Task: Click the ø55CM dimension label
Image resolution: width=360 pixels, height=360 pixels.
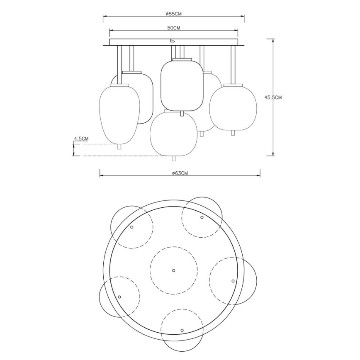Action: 173,14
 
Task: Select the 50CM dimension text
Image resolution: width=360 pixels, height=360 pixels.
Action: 173,28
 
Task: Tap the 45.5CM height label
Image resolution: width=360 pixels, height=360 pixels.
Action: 273,97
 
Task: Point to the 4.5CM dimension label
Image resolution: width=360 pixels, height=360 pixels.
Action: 81,139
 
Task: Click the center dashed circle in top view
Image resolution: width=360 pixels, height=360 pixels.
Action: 173,270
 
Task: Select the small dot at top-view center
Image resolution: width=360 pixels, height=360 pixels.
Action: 173,270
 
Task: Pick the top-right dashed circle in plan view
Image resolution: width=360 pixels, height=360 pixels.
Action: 202,217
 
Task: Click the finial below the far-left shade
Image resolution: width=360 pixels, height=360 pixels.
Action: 120,146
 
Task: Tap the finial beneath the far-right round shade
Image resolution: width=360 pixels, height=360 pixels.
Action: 233,132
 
